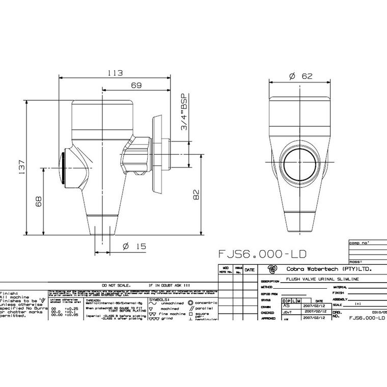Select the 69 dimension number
pyautogui.click(x=135, y=86)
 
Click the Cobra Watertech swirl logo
pyautogui.click(x=272, y=269)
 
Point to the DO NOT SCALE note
pyautogui.click(x=117, y=287)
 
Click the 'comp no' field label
pyautogui.click(x=357, y=243)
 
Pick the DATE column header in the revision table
pyautogui.click(x=250, y=269)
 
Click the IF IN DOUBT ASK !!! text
pyautogui.click(x=170, y=287)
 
